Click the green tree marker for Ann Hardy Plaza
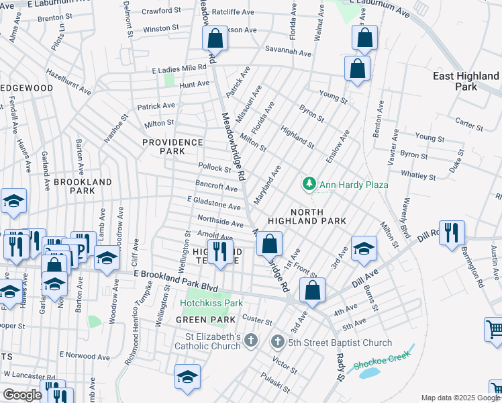pyautogui.click(x=309, y=183)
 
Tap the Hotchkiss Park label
pyautogui.click(x=211, y=303)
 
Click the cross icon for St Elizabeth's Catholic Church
pyautogui.click(x=251, y=341)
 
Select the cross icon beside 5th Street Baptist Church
pyautogui.click(x=277, y=341)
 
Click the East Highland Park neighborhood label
pyautogui.click(x=466, y=81)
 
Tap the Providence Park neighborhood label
pyautogui.click(x=172, y=146)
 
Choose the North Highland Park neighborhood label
pyautogui.click(x=307, y=215)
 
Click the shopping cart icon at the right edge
pyautogui.click(x=493, y=330)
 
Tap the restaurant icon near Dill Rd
pyautogui.click(x=451, y=232)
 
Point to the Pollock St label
pyautogui.click(x=214, y=167)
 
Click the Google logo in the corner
pyautogui.click(x=23, y=395)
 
